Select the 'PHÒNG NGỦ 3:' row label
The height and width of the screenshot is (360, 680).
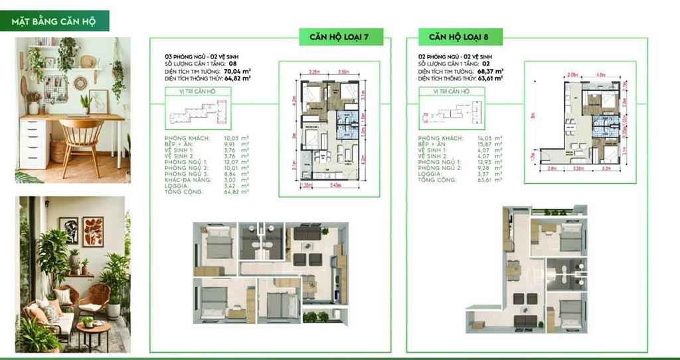(185, 173)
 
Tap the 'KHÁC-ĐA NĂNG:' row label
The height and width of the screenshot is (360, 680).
(188, 179)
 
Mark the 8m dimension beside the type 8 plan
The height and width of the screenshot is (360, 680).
(533, 123)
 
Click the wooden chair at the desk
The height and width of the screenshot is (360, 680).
(82, 143)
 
